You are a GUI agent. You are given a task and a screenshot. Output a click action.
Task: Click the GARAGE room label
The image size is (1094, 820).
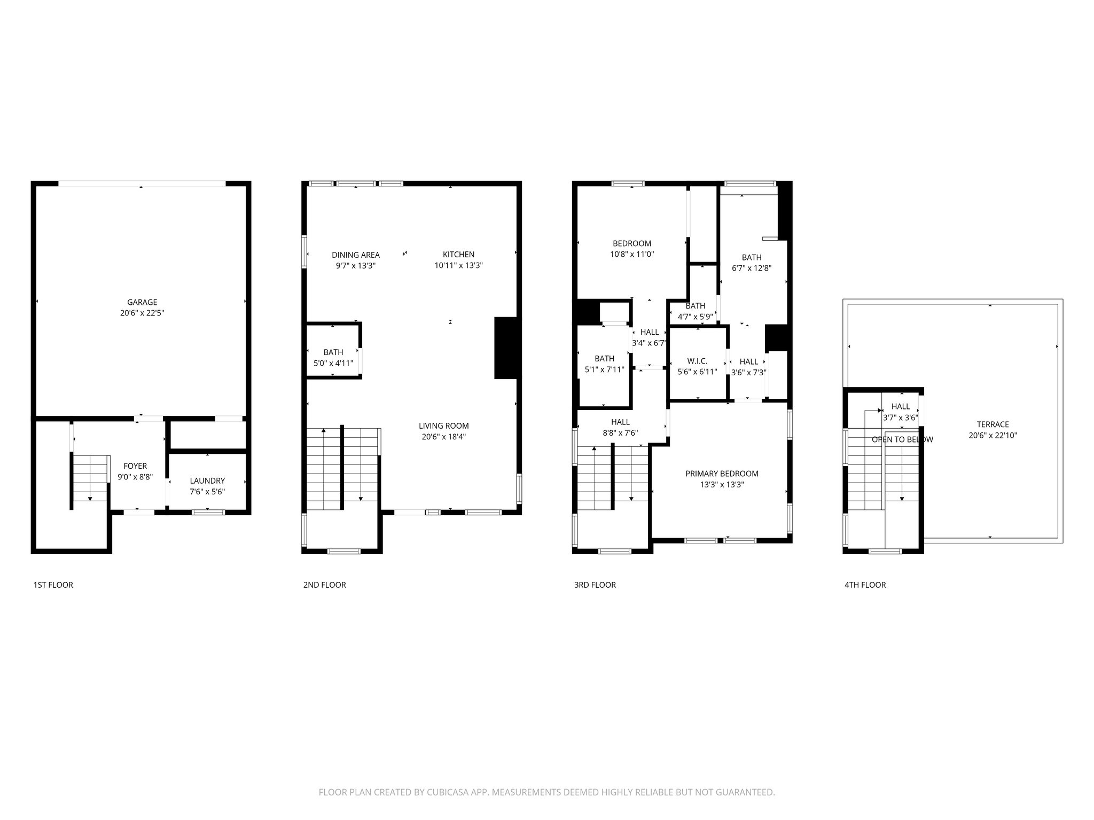point(142,302)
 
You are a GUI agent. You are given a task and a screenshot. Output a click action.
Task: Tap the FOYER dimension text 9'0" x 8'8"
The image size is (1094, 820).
point(135,477)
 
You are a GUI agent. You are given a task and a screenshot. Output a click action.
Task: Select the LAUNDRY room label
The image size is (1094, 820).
point(207,480)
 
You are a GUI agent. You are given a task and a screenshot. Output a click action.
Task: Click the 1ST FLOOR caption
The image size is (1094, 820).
point(53,585)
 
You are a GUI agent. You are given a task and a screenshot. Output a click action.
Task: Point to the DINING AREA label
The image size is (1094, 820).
point(355,255)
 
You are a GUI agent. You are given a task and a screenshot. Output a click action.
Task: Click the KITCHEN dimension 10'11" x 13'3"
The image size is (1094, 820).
point(458,265)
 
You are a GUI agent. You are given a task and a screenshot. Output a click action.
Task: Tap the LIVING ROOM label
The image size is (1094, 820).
point(443,425)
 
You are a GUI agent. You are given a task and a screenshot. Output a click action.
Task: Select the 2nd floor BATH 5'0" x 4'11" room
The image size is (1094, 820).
point(333,357)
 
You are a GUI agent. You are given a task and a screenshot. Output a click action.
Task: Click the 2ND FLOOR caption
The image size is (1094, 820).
point(324,585)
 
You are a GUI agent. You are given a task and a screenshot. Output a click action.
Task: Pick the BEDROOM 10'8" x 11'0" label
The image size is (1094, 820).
point(632,243)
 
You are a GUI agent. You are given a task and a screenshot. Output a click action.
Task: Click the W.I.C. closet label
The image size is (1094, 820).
point(697,361)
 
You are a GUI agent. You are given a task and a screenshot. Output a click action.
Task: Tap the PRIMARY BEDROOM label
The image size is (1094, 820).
point(722,474)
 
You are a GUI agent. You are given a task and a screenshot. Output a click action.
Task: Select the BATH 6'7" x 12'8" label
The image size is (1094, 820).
point(751,257)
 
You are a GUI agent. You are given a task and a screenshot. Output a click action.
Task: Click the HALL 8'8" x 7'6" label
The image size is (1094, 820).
point(620,422)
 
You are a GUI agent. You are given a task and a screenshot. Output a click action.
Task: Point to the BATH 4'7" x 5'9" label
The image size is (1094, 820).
point(695,306)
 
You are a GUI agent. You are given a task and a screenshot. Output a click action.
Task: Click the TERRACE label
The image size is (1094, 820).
point(993,424)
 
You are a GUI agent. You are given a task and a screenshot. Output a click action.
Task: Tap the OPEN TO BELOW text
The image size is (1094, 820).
point(902,439)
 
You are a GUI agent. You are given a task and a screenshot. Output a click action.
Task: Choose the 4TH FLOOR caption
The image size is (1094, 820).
point(865,585)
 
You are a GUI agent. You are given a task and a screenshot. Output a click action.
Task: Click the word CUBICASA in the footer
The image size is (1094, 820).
point(446,792)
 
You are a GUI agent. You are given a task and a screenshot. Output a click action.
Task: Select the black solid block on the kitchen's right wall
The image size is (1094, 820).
point(505,348)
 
